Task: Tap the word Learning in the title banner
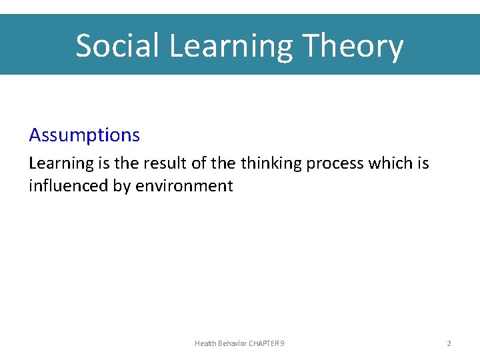coord(231,46)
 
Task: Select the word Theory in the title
coord(353,46)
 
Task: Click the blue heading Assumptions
coord(84,135)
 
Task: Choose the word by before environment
coord(121,186)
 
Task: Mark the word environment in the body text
coord(184,186)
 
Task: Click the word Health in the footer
coord(205,343)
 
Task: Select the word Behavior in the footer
coord(232,343)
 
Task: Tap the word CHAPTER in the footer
coord(264,343)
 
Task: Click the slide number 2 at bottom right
coord(449,343)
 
